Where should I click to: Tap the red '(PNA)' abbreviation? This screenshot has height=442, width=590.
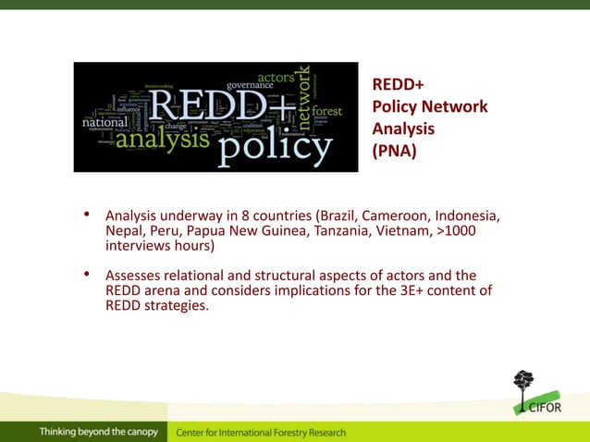tap(394, 149)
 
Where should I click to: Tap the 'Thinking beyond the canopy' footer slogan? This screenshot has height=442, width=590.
tap(98, 432)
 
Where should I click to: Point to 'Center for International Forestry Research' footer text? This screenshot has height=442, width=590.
tap(261, 432)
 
